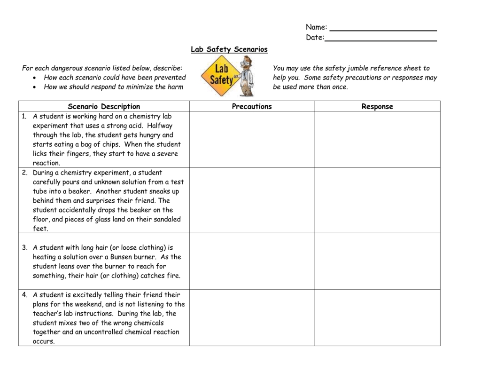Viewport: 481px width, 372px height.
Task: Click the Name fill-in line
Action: [383, 31]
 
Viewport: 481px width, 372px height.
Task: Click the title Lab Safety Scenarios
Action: [229, 49]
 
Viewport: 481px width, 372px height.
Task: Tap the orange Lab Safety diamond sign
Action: [220, 76]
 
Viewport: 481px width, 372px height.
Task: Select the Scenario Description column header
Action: [104, 106]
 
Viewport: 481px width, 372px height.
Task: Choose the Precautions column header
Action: [252, 106]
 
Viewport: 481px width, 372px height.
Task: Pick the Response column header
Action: [377, 106]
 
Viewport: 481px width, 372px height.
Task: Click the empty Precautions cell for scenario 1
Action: [252, 139]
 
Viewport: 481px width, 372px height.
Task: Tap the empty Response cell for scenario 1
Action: [377, 139]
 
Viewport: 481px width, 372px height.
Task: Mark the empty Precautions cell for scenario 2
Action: [252, 200]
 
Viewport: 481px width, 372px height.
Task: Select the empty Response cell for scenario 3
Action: [377, 261]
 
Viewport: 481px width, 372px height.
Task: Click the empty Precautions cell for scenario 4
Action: [252, 317]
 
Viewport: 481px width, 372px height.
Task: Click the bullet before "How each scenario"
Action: [35, 78]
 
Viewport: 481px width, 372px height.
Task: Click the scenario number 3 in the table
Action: [24, 247]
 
